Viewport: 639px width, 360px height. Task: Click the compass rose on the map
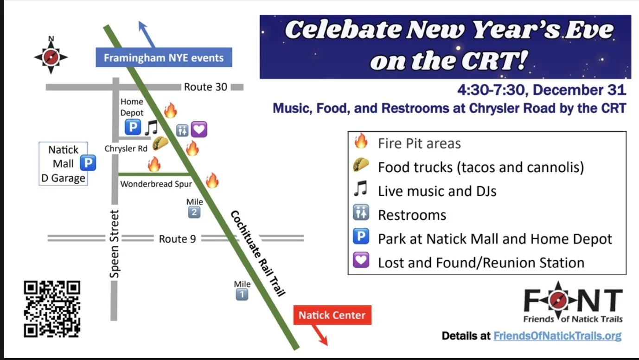(51, 57)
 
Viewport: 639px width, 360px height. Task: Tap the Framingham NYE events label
(164, 58)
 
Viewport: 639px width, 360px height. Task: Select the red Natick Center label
(332, 315)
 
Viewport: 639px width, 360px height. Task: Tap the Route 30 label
(205, 87)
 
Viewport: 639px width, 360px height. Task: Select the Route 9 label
(177, 239)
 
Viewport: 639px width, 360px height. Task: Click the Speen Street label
(115, 244)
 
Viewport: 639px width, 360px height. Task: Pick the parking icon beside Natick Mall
(88, 163)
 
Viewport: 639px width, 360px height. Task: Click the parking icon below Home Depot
(133, 127)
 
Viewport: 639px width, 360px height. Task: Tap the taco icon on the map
(160, 143)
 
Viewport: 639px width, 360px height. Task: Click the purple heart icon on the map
(198, 129)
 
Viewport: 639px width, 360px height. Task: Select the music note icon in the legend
(360, 189)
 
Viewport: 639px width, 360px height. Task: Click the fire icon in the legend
(360, 141)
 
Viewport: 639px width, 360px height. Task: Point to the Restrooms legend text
(412, 215)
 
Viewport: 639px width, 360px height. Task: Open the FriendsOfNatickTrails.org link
(557, 336)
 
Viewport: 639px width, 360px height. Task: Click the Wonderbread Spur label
(156, 184)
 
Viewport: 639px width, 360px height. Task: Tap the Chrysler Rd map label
(126, 149)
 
